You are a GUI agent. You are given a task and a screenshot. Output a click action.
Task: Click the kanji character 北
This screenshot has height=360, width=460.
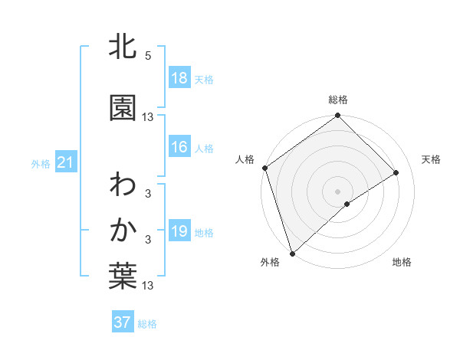[123, 48]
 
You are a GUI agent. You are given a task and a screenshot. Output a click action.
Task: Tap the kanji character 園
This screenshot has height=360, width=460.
[123, 108]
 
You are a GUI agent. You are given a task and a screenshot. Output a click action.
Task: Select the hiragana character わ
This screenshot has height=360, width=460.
[123, 185]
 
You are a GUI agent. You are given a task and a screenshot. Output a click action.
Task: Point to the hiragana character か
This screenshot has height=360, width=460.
[123, 231]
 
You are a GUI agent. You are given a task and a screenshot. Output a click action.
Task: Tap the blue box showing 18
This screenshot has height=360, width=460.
[179, 79]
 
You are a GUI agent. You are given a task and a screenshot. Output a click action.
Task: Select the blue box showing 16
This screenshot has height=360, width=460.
[179, 148]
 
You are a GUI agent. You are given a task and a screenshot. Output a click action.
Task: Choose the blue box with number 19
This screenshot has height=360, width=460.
[179, 232]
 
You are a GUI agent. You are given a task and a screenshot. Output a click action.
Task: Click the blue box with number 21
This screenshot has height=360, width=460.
[65, 163]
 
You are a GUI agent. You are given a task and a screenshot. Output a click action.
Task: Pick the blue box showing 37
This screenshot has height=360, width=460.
[122, 323]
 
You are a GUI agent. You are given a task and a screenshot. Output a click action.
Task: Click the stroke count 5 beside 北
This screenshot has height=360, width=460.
[148, 56]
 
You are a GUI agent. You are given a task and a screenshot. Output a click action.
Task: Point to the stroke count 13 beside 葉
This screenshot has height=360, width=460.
[148, 286]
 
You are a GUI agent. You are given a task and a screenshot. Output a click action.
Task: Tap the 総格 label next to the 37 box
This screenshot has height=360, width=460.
[147, 324]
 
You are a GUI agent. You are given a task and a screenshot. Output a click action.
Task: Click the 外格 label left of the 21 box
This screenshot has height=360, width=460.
[41, 164]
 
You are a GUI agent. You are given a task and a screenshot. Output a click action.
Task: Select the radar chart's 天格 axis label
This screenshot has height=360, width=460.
[431, 159]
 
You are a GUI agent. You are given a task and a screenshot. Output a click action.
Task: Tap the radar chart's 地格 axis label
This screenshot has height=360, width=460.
[402, 263]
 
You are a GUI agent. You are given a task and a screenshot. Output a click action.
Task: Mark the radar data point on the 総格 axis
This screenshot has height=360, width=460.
[337, 116]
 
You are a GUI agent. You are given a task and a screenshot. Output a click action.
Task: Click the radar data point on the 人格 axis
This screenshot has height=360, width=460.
[264, 168]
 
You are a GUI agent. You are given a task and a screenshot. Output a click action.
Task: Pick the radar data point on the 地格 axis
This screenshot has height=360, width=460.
[347, 204]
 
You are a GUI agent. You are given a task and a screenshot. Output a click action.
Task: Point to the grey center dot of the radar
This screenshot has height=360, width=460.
[337, 191]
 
